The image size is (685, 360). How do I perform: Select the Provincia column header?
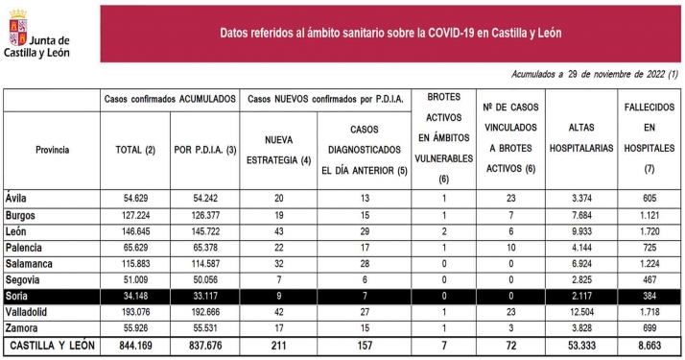pyautogui.click(x=51, y=150)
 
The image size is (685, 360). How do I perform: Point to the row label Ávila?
pyautogui.click(x=16, y=198)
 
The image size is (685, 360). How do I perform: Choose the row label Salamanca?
pyautogui.click(x=32, y=262)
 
